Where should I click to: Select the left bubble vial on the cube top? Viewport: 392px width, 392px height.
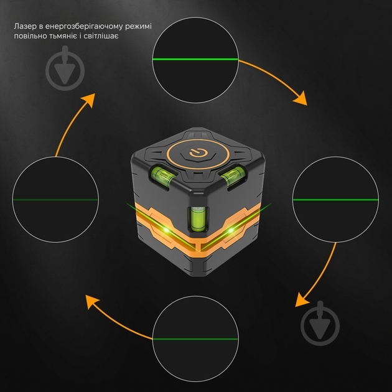pyautogui.click(x=162, y=175)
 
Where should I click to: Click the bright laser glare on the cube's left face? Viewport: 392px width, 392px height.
pyautogui.click(x=166, y=230)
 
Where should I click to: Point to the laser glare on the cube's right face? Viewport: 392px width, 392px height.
pyautogui.click(x=231, y=230)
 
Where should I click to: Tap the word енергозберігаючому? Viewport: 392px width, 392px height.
pyautogui.click(x=84, y=27)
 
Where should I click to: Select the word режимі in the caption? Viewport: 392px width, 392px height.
pyautogui.click(x=138, y=27)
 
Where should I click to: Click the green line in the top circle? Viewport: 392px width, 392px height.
pyautogui.click(x=195, y=60)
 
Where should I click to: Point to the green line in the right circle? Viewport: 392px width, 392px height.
pyautogui.click(x=336, y=200)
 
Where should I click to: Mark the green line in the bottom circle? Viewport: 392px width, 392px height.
pyautogui.click(x=195, y=339)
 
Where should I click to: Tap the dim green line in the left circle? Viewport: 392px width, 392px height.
pyautogui.click(x=55, y=200)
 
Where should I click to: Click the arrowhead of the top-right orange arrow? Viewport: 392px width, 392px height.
pyautogui.click(x=301, y=98)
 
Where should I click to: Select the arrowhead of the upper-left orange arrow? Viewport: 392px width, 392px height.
pyautogui.click(x=88, y=100)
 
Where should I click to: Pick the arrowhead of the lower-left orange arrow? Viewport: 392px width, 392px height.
pyautogui.click(x=92, y=302)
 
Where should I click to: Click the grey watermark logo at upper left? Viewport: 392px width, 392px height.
pyautogui.click(x=65, y=68)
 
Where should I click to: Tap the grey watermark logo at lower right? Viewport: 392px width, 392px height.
pyautogui.click(x=320, y=324)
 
